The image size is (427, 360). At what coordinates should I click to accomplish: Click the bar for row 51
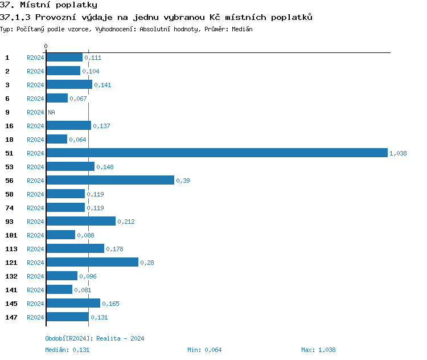(x=216, y=153)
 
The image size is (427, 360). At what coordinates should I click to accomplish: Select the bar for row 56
(x=110, y=180)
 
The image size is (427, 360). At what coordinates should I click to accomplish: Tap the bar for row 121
(x=92, y=262)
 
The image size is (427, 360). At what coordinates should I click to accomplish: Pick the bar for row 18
(x=56, y=139)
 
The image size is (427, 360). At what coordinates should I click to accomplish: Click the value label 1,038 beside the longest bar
(x=398, y=153)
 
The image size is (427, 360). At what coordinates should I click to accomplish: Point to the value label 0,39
(x=183, y=181)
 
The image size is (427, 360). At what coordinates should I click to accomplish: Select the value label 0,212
(x=126, y=222)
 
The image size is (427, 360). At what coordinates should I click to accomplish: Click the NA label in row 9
(x=51, y=112)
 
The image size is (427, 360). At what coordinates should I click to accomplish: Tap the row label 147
(x=11, y=317)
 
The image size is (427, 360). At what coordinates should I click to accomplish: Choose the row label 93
(x=9, y=221)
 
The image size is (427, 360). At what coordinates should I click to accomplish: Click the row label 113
(x=11, y=248)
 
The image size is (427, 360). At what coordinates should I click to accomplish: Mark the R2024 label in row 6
(x=35, y=99)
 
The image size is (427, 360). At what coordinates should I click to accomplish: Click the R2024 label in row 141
(x=35, y=290)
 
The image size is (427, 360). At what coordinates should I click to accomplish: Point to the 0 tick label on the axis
(x=46, y=46)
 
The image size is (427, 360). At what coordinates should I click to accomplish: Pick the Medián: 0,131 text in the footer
(x=67, y=350)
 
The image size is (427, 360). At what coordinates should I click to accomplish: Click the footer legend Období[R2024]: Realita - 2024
(x=95, y=338)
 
